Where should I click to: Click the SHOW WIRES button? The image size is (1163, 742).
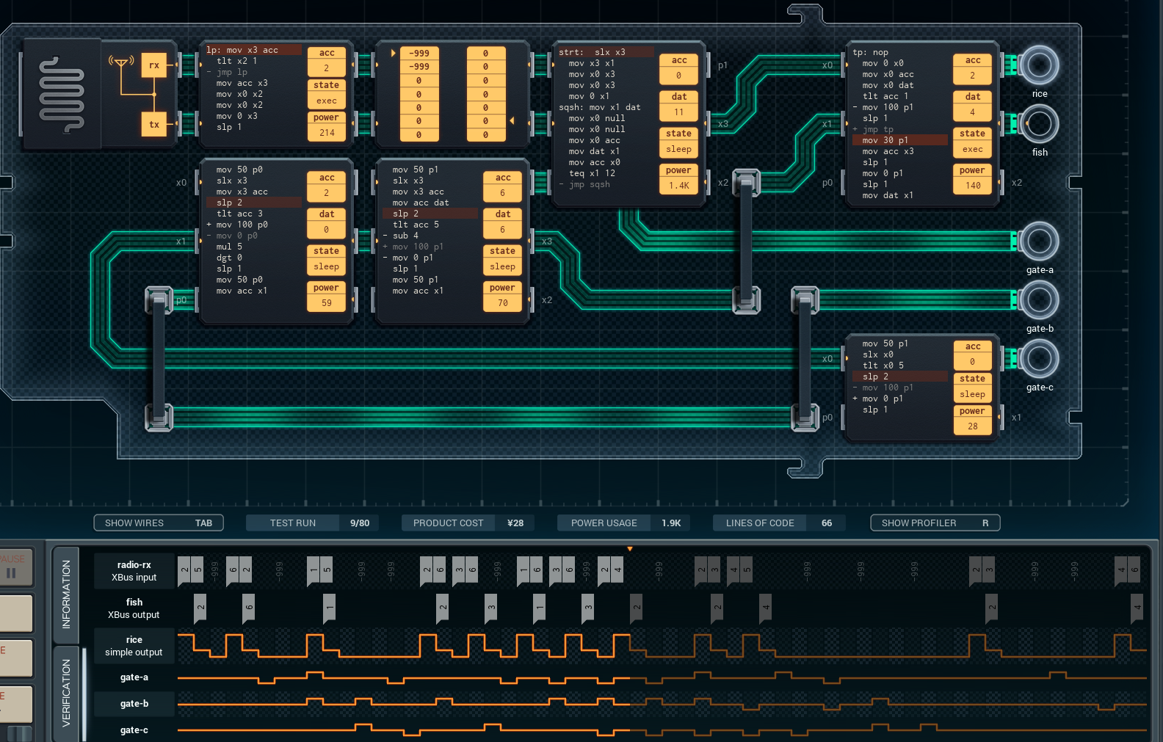tap(158, 523)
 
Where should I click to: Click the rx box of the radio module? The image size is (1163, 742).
tap(154, 65)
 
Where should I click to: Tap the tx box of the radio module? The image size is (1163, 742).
tap(154, 125)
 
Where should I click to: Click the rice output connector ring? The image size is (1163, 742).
tap(1039, 65)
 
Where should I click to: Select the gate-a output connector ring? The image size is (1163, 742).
tap(1039, 241)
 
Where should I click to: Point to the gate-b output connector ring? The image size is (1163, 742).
tap(1039, 300)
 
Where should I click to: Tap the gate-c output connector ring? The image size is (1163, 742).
tap(1039, 359)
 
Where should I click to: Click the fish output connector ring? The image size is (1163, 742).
tap(1039, 124)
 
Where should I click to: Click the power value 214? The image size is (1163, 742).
tap(327, 133)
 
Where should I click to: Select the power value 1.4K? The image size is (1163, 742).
tap(678, 186)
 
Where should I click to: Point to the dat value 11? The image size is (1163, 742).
tap(678, 112)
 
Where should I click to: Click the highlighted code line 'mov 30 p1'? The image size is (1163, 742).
tap(885, 140)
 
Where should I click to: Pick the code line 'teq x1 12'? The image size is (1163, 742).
tap(592, 173)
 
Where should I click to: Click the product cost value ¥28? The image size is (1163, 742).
tap(515, 523)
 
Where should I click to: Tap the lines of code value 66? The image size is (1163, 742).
tap(826, 523)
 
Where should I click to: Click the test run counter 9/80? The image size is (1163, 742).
tap(360, 523)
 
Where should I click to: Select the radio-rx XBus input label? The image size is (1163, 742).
tap(134, 571)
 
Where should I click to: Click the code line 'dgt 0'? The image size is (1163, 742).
tap(229, 258)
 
